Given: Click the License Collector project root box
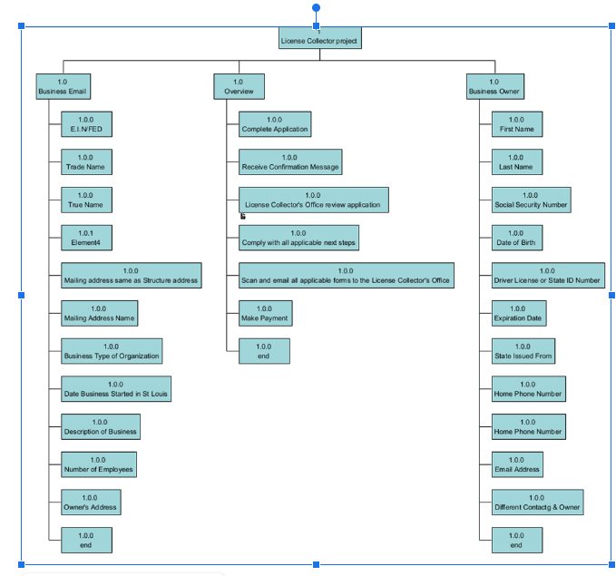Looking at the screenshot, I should [319, 37].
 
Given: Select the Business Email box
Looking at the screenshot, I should [63, 86].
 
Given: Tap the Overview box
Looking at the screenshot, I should [240, 86].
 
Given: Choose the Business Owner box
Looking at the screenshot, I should [494, 86].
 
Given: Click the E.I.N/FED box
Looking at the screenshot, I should [86, 124].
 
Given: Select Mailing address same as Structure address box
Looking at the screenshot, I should [131, 275].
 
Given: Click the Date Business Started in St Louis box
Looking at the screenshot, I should [115, 389].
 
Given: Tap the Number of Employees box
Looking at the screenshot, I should [98, 464].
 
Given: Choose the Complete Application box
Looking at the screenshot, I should [275, 124].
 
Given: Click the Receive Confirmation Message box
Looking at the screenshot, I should [290, 162].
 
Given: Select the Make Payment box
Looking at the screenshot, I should [265, 314].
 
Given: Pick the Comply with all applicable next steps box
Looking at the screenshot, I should [298, 238].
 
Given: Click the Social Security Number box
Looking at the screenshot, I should [531, 200].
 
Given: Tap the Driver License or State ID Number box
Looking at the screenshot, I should [548, 275].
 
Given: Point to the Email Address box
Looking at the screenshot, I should [517, 464].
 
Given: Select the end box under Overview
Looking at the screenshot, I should [264, 351].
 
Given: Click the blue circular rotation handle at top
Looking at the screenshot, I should [316, 7].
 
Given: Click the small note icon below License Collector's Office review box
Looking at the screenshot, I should [243, 216].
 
